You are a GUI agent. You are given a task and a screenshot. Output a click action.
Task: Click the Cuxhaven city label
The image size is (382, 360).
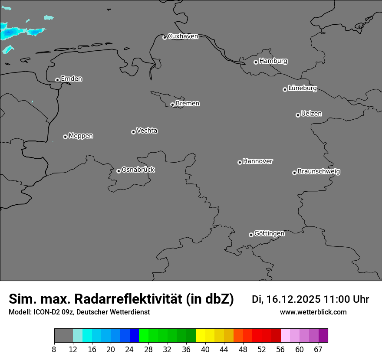(x=183, y=36)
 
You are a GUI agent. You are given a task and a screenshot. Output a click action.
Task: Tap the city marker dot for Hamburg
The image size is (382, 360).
(x=256, y=62)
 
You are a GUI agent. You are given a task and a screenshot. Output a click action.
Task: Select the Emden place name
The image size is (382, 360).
(x=71, y=79)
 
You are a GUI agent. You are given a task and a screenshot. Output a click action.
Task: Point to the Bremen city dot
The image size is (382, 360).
(x=172, y=105)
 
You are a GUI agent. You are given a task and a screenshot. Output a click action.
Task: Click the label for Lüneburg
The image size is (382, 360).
(x=302, y=88)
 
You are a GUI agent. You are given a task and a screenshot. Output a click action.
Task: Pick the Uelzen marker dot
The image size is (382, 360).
(x=298, y=115)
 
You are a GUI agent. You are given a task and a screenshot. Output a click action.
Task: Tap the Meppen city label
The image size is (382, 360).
(x=81, y=136)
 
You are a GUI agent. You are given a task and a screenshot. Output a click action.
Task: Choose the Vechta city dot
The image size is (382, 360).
(x=133, y=132)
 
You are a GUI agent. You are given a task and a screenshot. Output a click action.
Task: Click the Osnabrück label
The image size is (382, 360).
(x=138, y=170)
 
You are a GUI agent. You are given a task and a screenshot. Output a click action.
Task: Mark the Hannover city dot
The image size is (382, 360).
(x=240, y=162)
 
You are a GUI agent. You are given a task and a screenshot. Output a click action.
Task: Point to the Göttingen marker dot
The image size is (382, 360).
(x=251, y=235)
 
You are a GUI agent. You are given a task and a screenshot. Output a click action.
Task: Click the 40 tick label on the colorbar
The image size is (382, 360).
(x=205, y=349)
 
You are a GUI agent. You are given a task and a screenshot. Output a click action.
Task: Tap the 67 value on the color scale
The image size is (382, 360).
(x=318, y=349)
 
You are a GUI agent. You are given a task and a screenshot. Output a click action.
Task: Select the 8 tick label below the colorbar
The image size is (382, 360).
(x=54, y=349)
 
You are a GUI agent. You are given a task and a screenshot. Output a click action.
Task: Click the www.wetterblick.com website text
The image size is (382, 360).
(x=313, y=312)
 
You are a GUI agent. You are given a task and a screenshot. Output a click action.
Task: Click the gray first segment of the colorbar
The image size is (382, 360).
(x=63, y=336)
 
